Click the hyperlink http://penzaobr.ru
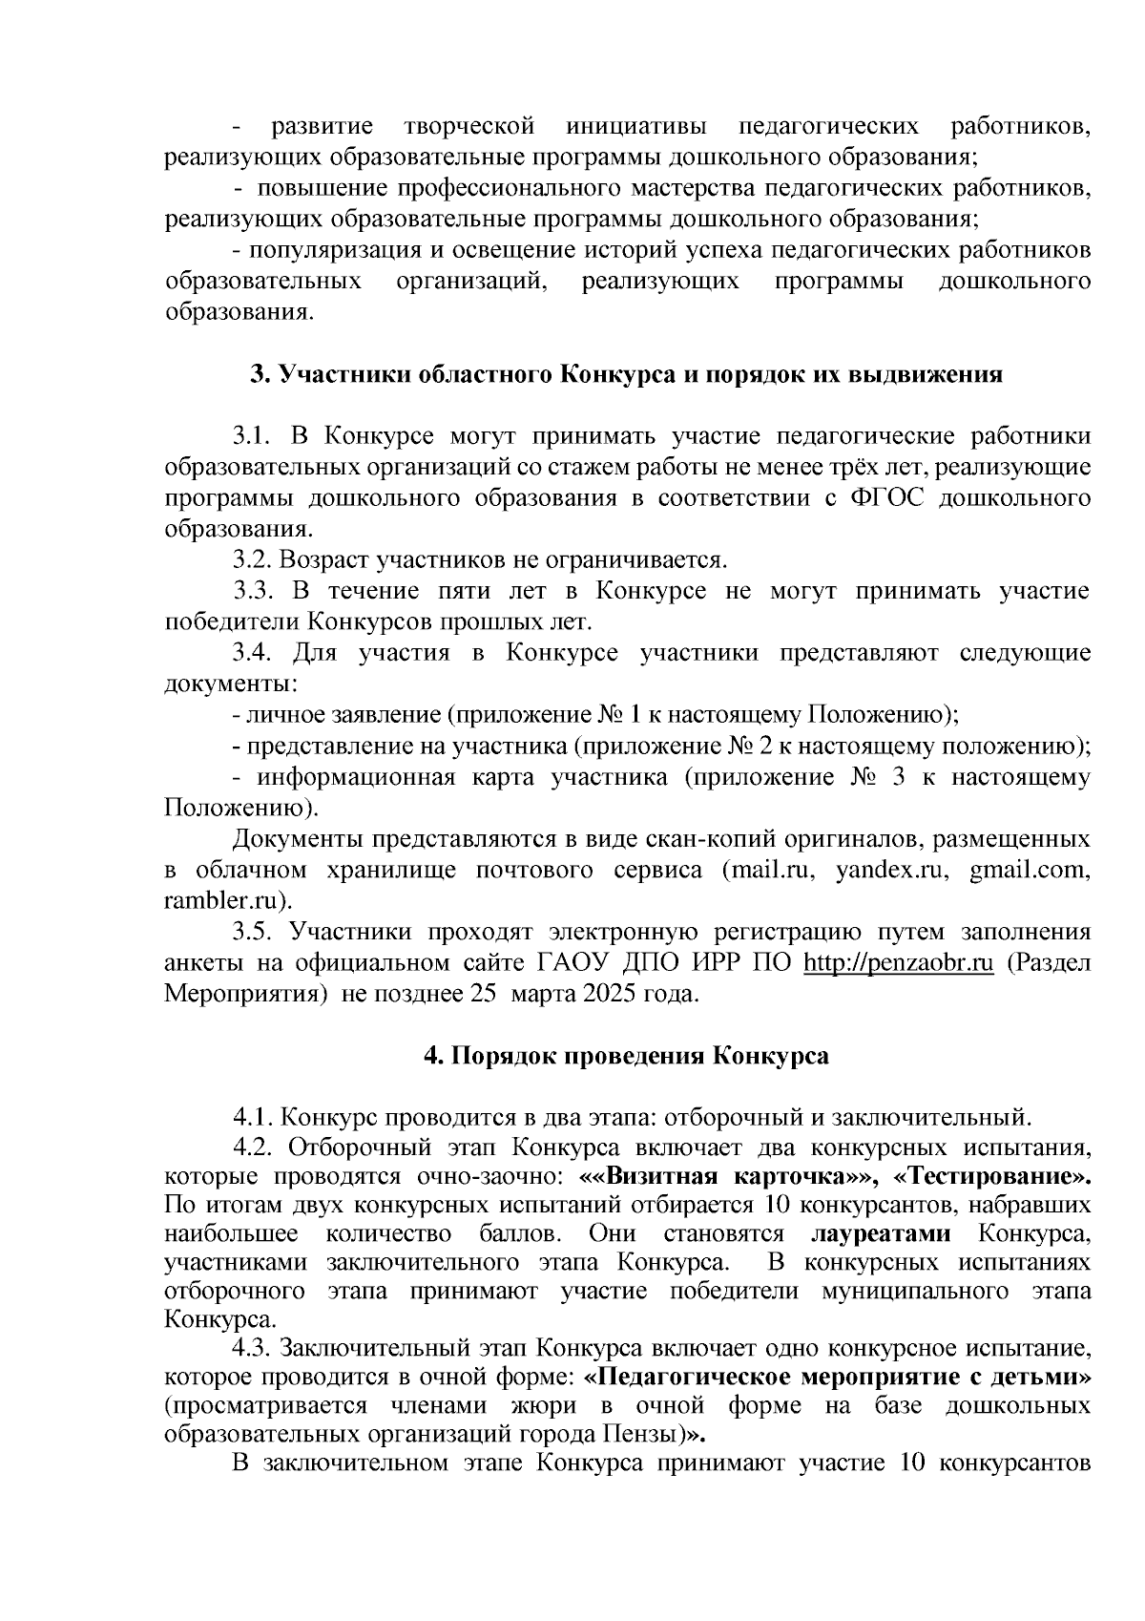[900, 962]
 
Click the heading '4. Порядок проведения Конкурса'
[625, 1056]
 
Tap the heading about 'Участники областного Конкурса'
[625, 374]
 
